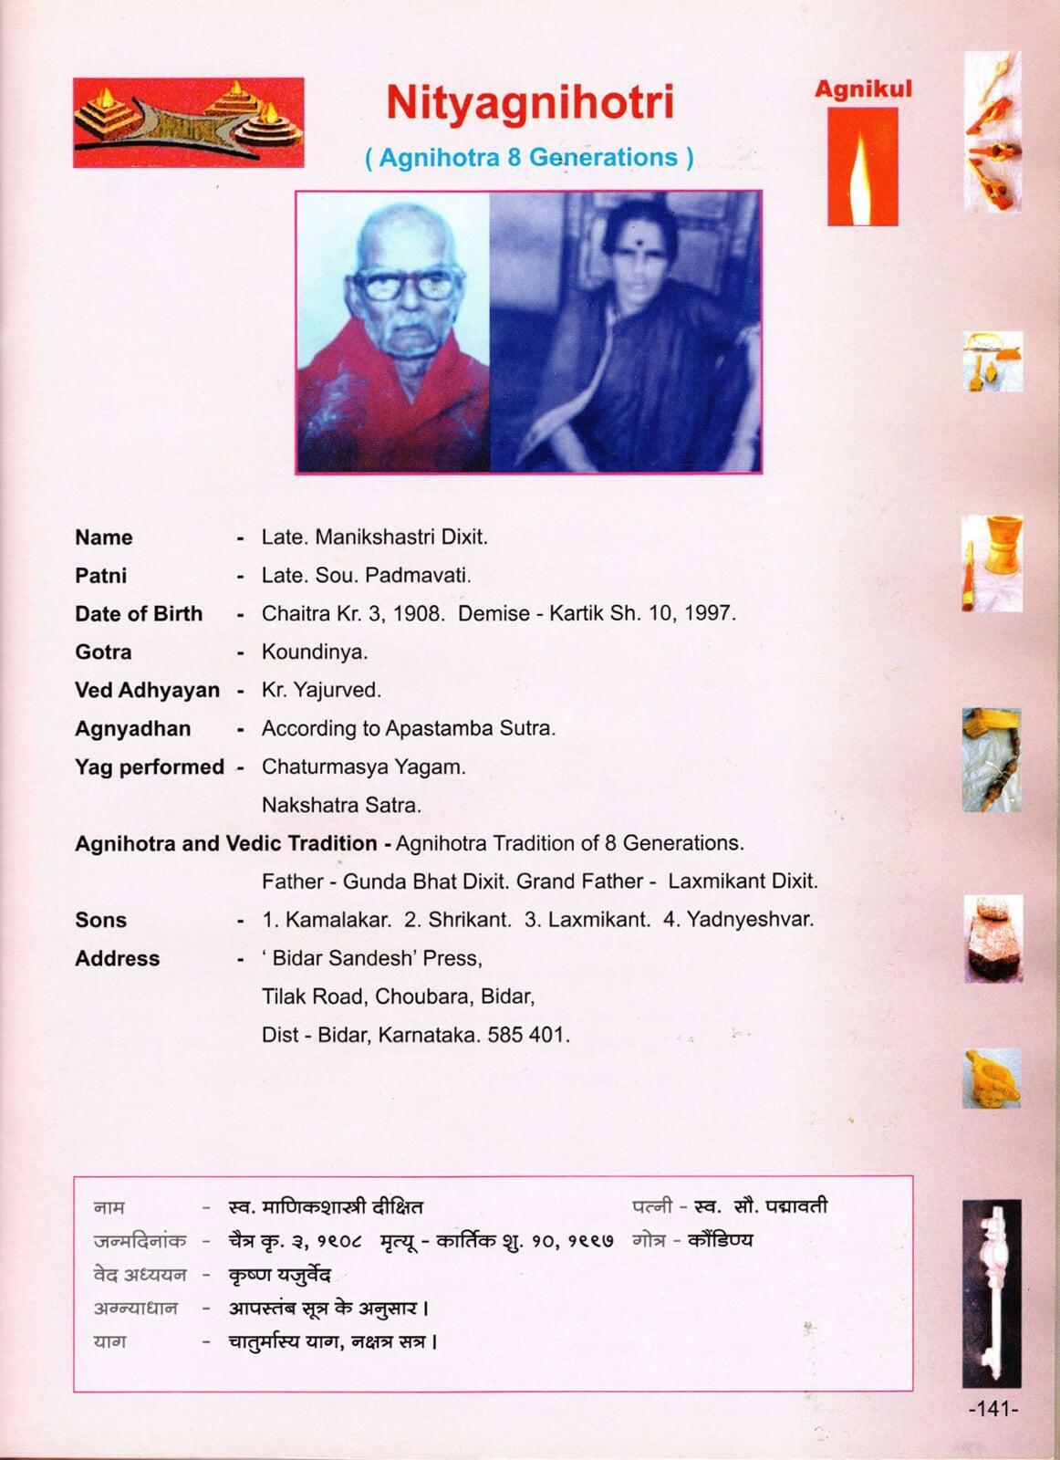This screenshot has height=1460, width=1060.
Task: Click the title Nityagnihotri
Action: (x=529, y=102)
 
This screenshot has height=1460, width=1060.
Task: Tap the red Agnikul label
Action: (x=863, y=89)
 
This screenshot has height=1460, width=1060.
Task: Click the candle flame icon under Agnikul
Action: (x=862, y=169)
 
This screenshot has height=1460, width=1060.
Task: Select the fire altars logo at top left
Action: (x=188, y=122)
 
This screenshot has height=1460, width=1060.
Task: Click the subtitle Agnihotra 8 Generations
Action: (x=529, y=158)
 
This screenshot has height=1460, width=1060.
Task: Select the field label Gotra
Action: (x=103, y=652)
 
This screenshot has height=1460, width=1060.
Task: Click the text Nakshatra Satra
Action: (x=341, y=806)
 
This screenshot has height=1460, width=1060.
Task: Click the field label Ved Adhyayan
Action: (x=147, y=691)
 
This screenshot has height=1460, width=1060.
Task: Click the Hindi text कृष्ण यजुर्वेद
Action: (x=279, y=1275)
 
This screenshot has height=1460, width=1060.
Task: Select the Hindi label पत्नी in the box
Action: (x=651, y=1206)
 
